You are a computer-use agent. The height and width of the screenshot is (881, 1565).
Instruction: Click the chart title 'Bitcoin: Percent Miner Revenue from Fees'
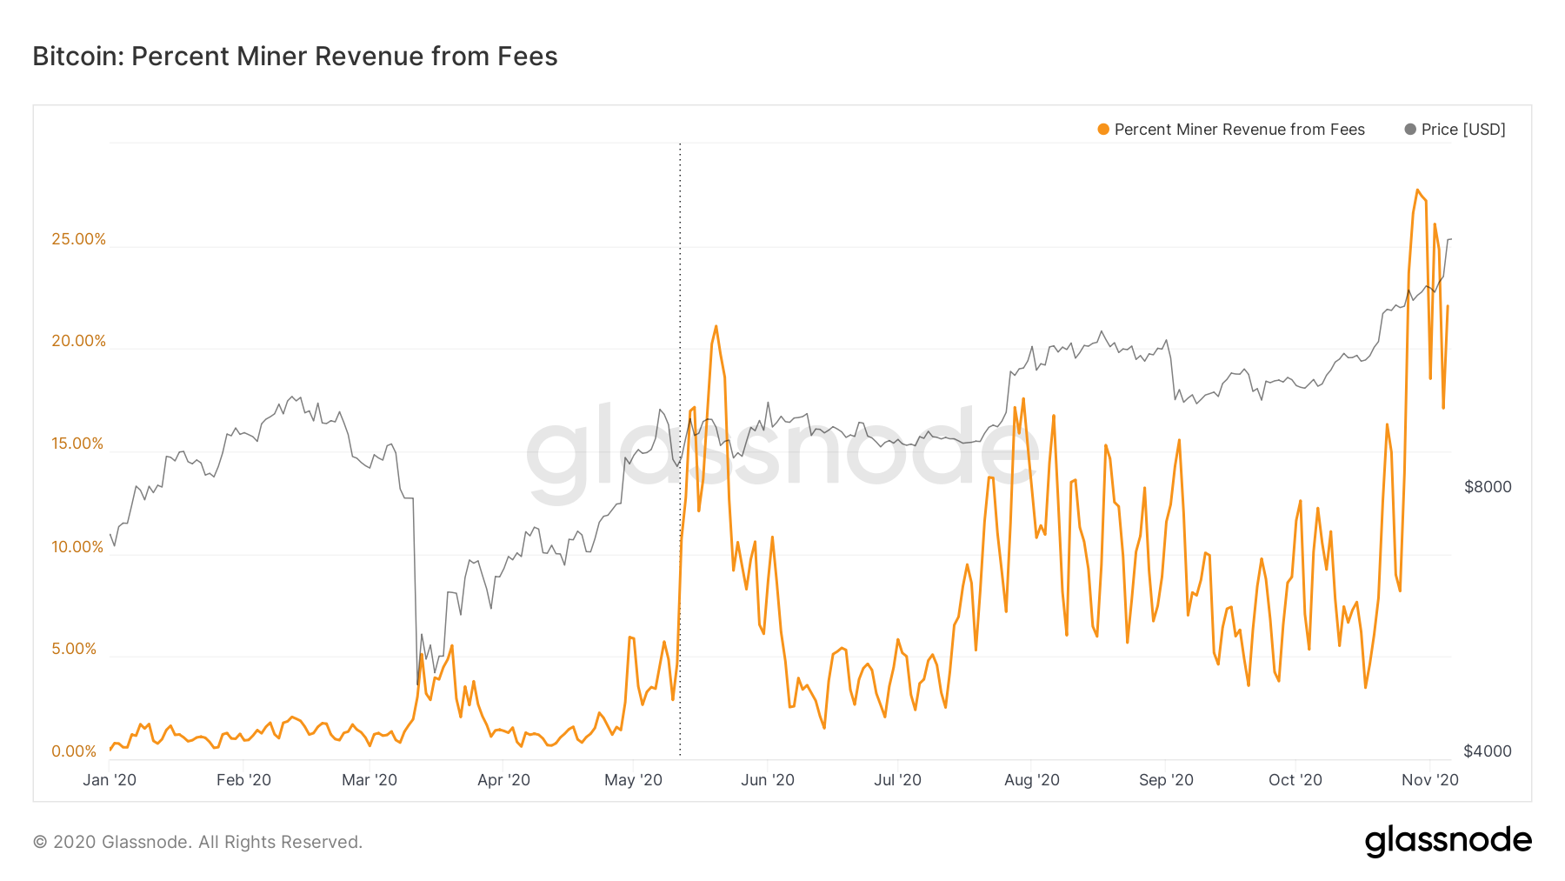click(x=295, y=57)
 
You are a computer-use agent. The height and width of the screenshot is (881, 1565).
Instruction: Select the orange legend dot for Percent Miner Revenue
click(x=1103, y=130)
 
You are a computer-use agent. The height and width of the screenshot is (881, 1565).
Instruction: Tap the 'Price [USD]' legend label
click(x=1462, y=130)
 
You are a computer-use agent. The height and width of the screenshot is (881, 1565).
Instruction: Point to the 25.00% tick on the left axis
click(x=78, y=239)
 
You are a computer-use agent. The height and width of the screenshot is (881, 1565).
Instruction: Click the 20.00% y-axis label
click(x=78, y=341)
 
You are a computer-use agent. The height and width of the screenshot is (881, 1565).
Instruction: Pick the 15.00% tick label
click(x=77, y=444)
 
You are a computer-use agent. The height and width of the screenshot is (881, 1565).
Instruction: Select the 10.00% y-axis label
click(x=77, y=547)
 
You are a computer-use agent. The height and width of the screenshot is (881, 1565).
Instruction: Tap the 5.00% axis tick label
click(x=74, y=649)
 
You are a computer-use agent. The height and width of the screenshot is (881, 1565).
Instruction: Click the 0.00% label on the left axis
click(x=74, y=751)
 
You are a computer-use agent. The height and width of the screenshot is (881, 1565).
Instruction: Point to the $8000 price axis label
click(x=1488, y=487)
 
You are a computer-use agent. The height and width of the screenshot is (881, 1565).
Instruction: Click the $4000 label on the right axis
click(x=1488, y=751)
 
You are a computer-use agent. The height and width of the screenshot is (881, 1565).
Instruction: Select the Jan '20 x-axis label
click(x=110, y=780)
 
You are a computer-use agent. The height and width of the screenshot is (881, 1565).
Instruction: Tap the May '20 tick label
click(x=633, y=780)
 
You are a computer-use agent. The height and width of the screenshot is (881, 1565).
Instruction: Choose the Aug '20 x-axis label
click(x=1031, y=780)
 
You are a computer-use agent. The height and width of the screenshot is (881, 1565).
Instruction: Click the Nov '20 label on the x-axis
click(x=1429, y=780)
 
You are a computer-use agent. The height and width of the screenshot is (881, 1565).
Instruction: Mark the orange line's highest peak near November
click(x=1417, y=190)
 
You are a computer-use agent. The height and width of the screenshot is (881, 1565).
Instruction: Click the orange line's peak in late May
click(x=716, y=327)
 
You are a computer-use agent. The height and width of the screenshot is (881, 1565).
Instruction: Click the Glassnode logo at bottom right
click(x=1448, y=841)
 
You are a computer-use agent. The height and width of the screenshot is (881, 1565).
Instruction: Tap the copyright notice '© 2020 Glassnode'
click(x=197, y=842)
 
